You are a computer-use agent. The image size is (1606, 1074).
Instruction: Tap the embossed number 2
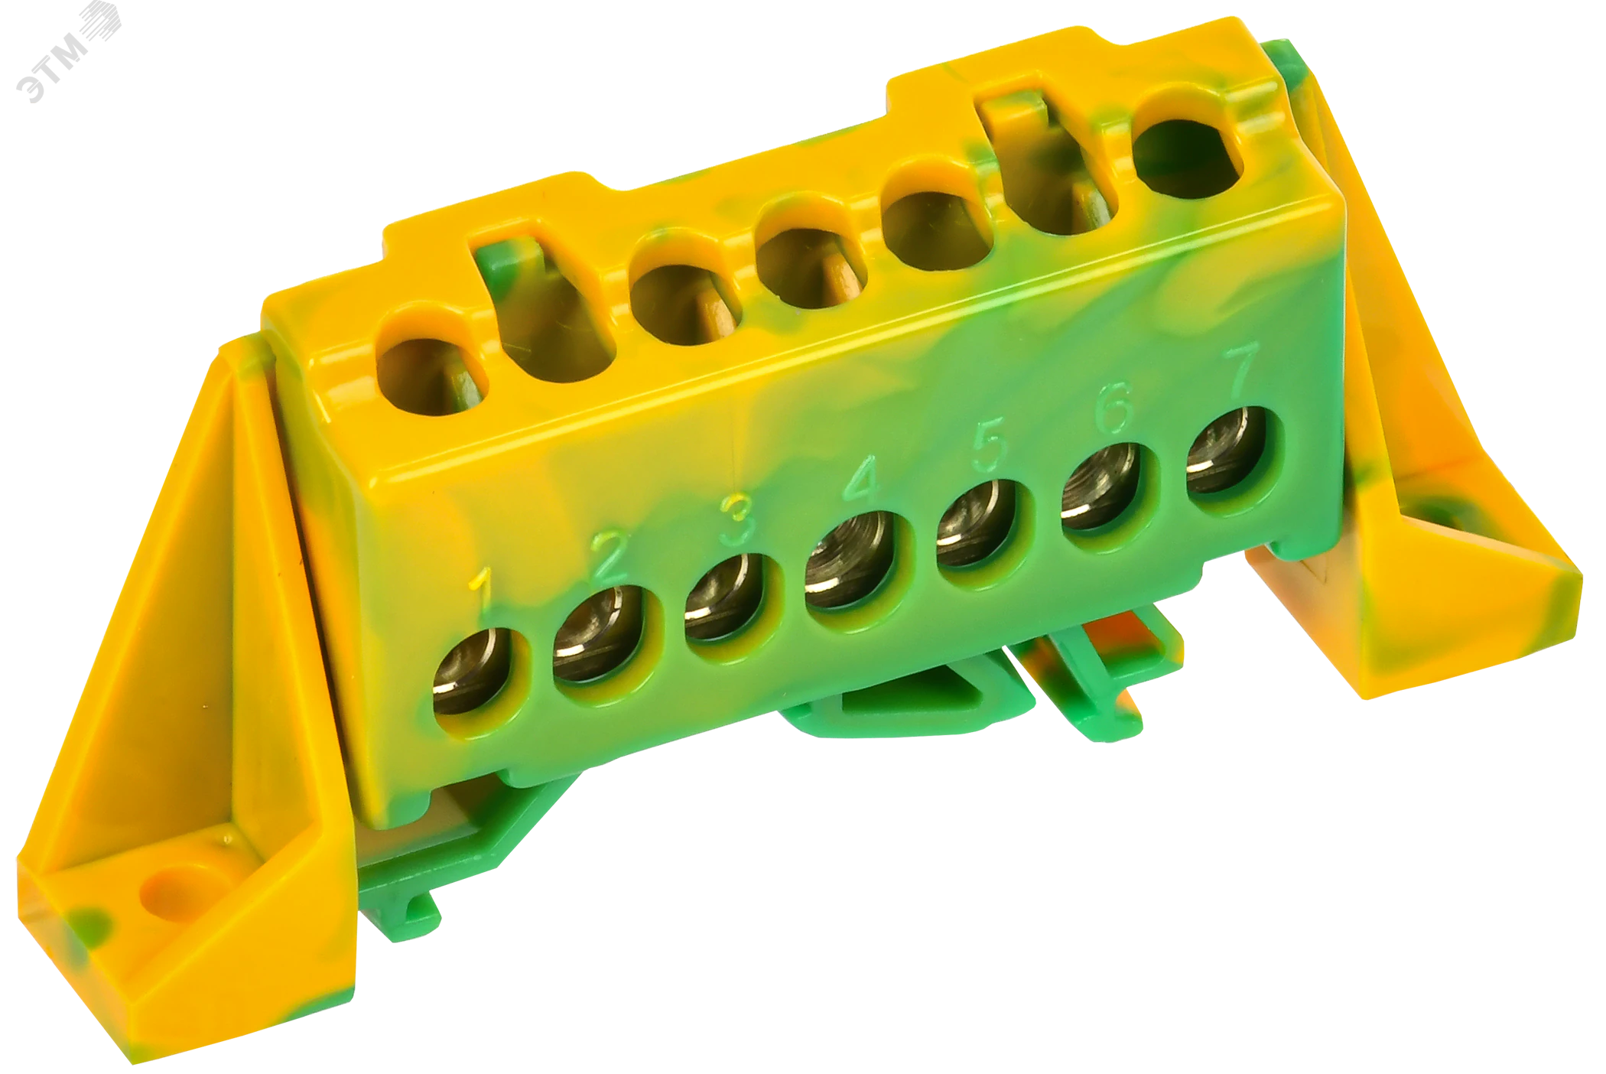pos(611,555)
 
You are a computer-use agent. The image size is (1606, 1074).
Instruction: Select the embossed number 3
pos(737,520)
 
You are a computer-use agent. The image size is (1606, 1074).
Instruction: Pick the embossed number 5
pos(988,446)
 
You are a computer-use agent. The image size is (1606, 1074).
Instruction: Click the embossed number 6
pos(1114,408)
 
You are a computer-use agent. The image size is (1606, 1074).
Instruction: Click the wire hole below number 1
pos(472,671)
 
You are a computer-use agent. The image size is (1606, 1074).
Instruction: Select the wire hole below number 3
pos(726,596)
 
